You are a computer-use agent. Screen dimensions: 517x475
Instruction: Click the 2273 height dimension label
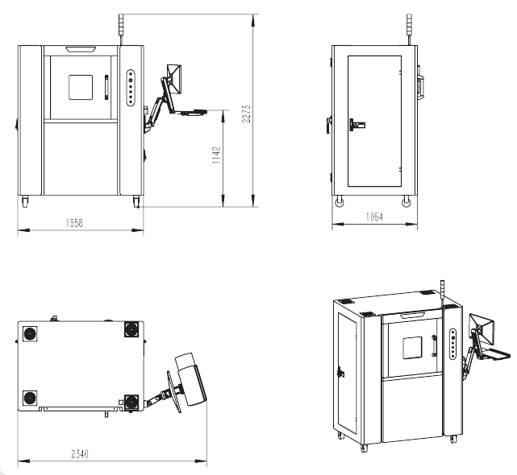pyautogui.click(x=246, y=114)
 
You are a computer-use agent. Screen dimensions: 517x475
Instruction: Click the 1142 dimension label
pyautogui.click(x=216, y=155)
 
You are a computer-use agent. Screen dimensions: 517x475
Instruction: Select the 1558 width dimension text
pyautogui.click(x=74, y=223)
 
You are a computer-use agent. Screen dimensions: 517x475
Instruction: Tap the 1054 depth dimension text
pyautogui.click(x=374, y=217)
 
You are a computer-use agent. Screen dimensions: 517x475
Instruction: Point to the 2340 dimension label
pyautogui.click(x=80, y=454)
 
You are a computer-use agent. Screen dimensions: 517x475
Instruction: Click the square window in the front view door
pyautogui.click(x=81, y=87)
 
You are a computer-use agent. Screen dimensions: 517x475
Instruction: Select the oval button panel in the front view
pyautogui.click(x=131, y=88)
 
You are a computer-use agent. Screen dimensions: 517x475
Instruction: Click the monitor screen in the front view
pyautogui.click(x=175, y=79)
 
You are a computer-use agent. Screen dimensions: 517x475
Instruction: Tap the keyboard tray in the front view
pyautogui.click(x=192, y=112)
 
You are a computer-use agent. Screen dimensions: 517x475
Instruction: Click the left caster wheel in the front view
pyautogui.click(x=25, y=201)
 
